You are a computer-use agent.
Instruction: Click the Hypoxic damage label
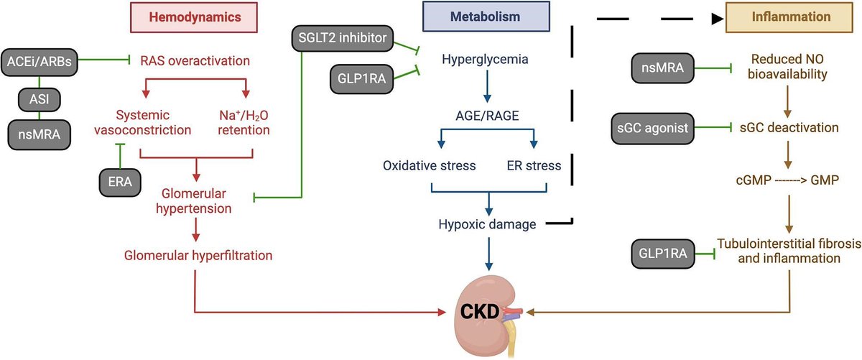488,224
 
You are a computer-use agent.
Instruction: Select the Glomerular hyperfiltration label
195,255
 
